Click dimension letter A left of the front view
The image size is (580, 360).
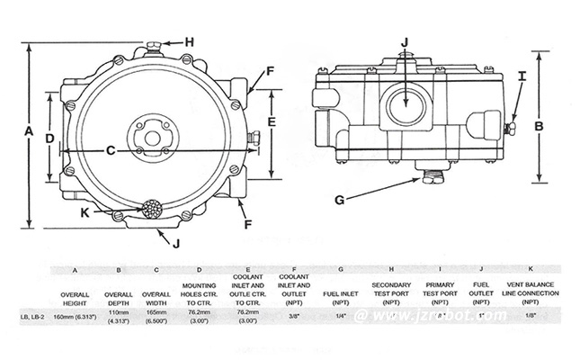click(28, 131)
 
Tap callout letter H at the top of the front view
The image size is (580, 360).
click(190, 41)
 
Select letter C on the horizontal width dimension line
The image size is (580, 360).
click(111, 151)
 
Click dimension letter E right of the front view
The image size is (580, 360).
click(272, 119)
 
